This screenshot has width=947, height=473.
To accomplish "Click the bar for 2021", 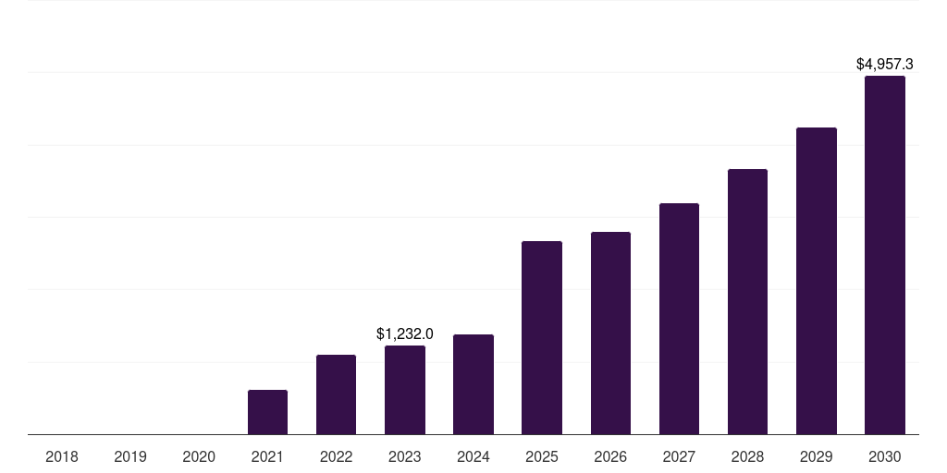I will (267, 412).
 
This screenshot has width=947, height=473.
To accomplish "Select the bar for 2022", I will (336, 394).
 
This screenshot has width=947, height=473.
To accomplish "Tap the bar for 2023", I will (405, 390).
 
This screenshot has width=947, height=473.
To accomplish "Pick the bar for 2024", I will (473, 384).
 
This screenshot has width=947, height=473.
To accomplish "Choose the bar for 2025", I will (542, 337).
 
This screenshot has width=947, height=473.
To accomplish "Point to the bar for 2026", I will (610, 333).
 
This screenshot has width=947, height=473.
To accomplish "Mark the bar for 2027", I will (679, 319).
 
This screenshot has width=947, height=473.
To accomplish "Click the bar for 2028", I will (747, 301).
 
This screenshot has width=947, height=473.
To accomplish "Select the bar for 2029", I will (816, 281).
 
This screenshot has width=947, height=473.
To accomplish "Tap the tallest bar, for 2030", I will (884, 255).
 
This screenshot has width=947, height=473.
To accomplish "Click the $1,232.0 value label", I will (405, 334).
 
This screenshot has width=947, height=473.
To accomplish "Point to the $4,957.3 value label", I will (884, 65).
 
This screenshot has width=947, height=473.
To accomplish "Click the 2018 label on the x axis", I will (62, 456).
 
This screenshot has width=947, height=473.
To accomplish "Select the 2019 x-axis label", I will (130, 456).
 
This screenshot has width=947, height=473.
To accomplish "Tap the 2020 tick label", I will (199, 456).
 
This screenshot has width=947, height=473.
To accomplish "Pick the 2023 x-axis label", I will (405, 456).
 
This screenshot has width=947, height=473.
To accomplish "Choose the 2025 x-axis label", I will (542, 456).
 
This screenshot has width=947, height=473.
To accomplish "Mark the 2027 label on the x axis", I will (679, 456).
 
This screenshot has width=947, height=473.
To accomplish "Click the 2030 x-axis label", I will (884, 456).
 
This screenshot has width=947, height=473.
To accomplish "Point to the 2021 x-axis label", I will (267, 456).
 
